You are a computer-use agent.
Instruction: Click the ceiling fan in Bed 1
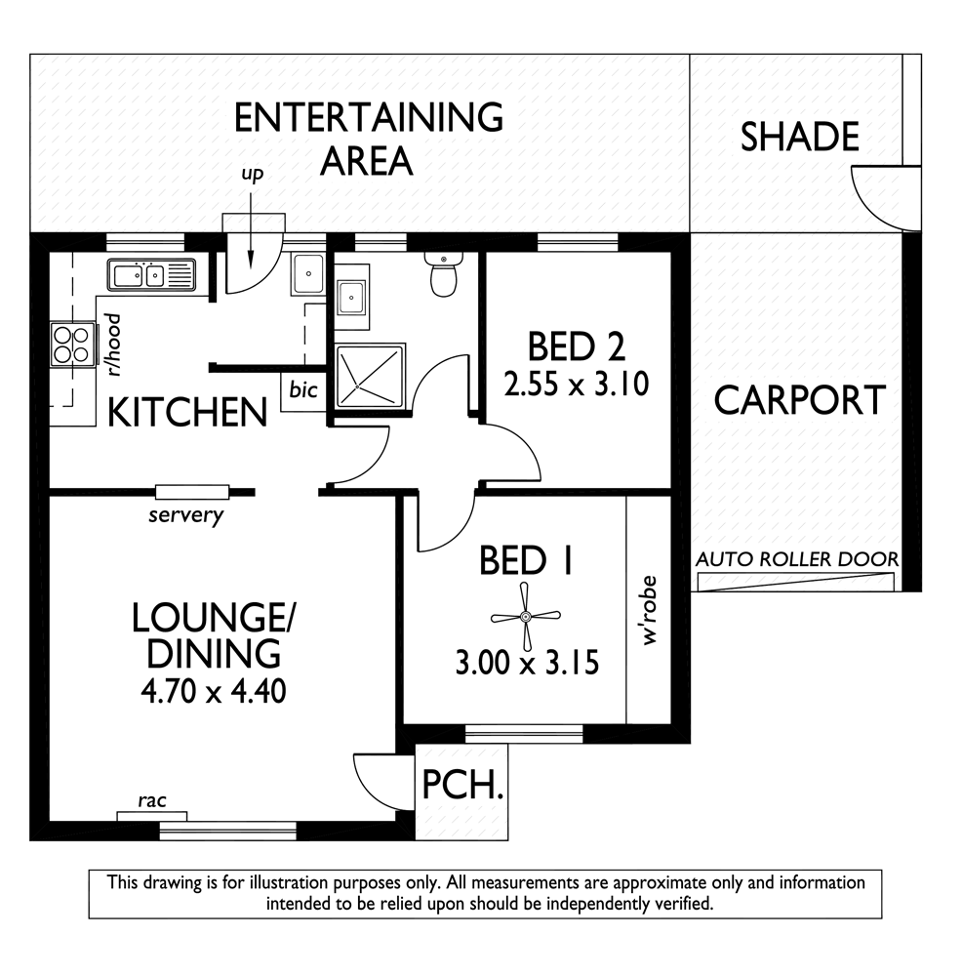coord(526,617)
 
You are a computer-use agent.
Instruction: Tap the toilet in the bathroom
coord(443,273)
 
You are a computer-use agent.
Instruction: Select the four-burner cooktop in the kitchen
coord(71,345)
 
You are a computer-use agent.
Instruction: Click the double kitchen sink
coord(151,275)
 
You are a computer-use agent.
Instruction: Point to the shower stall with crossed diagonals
coord(370,376)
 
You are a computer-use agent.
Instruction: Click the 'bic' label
coord(303,390)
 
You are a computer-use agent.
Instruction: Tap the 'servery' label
coord(185,514)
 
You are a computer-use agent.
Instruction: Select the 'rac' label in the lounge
coord(152,800)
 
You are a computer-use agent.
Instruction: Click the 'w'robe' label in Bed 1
coord(649,611)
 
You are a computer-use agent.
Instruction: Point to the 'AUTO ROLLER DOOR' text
coord(797,559)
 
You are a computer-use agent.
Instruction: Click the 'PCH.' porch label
coord(462,785)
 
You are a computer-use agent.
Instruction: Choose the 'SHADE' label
coord(800,137)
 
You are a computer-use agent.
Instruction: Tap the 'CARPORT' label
coord(800,400)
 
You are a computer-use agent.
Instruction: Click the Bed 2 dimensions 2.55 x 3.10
coord(577,384)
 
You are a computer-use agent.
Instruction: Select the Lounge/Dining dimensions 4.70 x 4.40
coord(214,691)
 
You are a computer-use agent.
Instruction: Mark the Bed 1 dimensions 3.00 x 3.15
coord(527,663)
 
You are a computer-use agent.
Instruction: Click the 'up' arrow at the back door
coord(251,230)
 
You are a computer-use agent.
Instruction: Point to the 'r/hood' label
coord(114,345)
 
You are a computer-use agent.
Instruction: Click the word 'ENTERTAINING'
coord(369,118)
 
